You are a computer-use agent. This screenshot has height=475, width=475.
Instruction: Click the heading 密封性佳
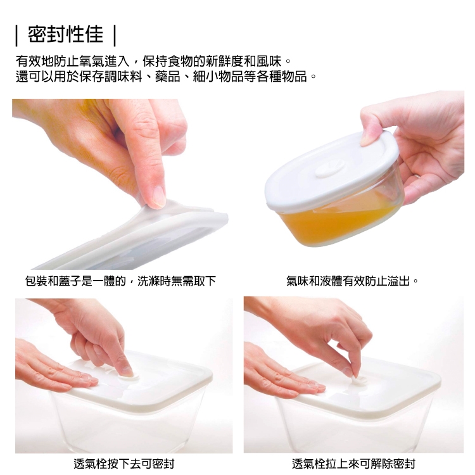click(65, 35)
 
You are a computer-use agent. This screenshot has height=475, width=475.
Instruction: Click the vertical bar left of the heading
click(17, 35)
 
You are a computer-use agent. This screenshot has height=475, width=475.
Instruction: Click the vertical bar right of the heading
click(115, 35)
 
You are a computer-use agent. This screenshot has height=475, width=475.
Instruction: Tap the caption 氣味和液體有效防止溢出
click(348, 281)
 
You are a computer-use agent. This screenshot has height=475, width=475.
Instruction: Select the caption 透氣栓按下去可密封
click(124, 464)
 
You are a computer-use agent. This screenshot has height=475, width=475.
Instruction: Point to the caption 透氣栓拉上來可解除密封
click(353, 464)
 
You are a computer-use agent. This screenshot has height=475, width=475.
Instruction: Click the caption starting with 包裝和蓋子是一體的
click(120, 281)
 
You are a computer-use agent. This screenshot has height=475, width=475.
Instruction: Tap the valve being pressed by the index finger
click(129, 377)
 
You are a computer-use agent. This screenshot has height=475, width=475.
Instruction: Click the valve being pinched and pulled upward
click(357, 379)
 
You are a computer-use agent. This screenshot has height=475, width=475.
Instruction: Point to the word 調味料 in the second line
click(123, 77)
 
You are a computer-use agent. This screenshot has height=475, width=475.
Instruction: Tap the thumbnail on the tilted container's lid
click(367, 138)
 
